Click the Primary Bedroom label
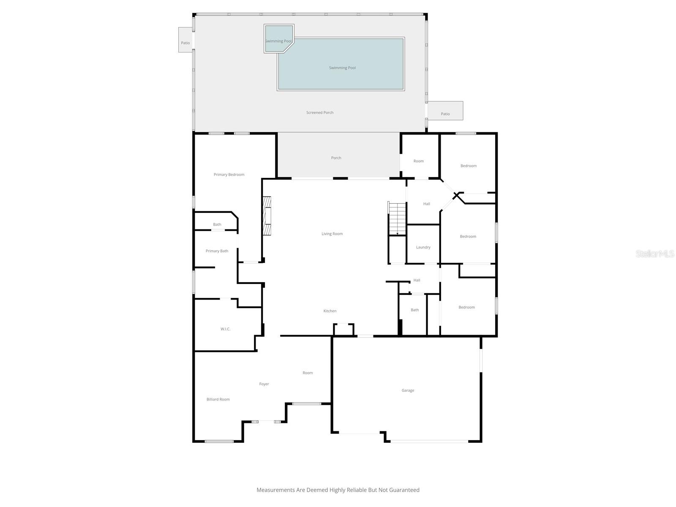(229, 174)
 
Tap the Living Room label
(332, 234)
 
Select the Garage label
(408, 390)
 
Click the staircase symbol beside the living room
(397, 218)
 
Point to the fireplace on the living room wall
(267, 215)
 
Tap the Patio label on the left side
(185, 43)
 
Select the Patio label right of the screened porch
(445, 114)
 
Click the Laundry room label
(423, 247)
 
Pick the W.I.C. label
(225, 329)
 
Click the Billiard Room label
(218, 399)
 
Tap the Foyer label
(264, 384)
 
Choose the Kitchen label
(330, 311)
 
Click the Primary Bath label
(217, 251)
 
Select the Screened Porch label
(320, 112)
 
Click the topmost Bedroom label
(468, 166)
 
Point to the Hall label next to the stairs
(426, 204)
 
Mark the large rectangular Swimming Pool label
(342, 68)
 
